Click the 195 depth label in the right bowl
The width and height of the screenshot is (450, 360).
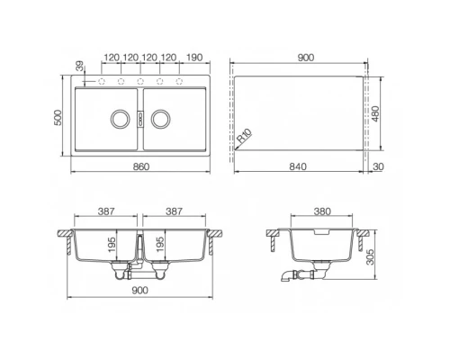point(159,245)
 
